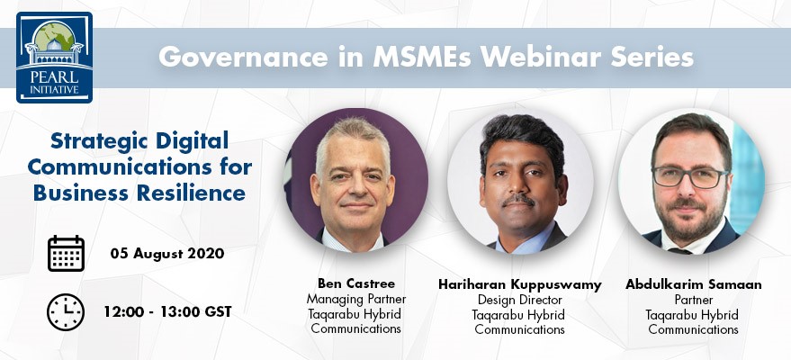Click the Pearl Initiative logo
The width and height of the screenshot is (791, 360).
[x=55, y=57]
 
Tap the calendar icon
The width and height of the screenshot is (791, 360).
[x=66, y=253]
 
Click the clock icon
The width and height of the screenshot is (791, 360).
[x=66, y=312]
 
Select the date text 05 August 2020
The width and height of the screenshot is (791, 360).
[x=167, y=253]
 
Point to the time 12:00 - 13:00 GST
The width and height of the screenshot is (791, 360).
[x=168, y=311]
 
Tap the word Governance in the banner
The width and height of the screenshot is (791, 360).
[x=244, y=57]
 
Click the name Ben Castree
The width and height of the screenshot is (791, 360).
[x=356, y=283]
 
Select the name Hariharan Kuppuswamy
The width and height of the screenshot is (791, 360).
[x=519, y=285]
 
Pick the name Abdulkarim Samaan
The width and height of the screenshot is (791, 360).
[x=694, y=284]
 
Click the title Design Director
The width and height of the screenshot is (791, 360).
[x=519, y=300]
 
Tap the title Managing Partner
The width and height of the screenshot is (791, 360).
[x=356, y=299]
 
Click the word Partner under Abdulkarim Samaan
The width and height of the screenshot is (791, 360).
[x=694, y=300]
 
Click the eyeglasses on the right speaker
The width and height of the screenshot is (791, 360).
[x=690, y=177]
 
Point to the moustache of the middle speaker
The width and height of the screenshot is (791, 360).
[x=519, y=199]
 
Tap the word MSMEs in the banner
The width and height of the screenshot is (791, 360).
[x=422, y=57]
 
